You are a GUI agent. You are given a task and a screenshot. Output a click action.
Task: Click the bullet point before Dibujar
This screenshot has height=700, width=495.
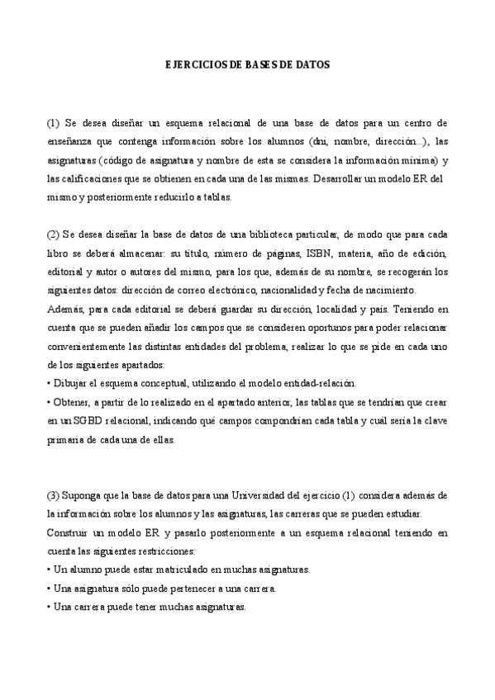49,384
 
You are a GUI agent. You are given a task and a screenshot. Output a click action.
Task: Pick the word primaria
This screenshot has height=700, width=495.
66,440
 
